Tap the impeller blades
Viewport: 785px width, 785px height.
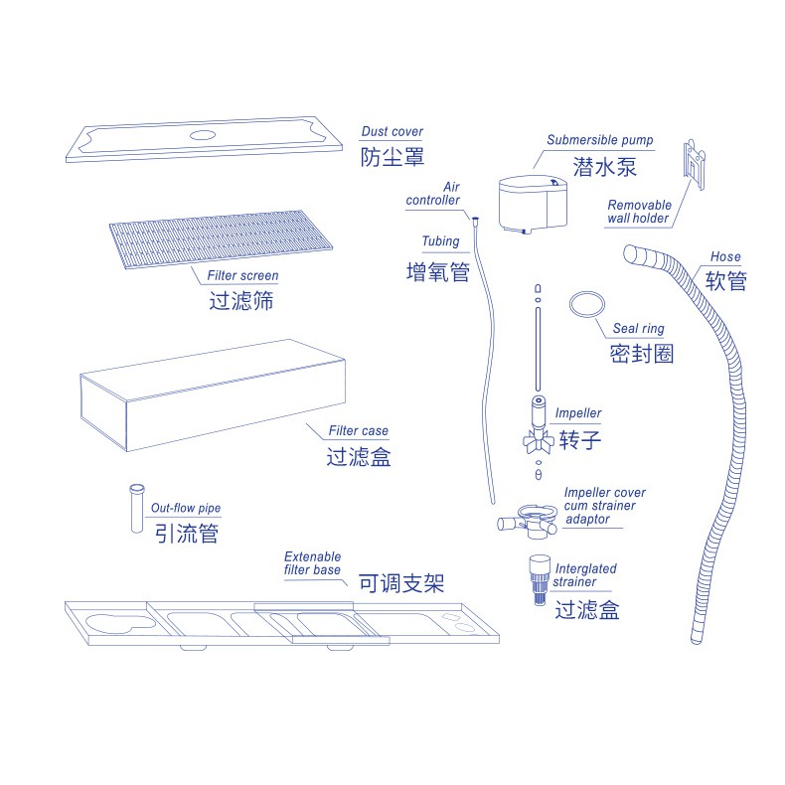tap(538, 438)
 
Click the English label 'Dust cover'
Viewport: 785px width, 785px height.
tap(392, 131)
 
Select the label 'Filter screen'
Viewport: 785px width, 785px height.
tap(242, 275)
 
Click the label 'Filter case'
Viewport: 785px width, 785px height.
tap(359, 431)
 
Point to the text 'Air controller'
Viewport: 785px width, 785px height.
tap(435, 193)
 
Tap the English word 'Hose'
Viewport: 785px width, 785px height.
tap(725, 257)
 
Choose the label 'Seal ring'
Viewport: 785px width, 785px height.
tap(638, 329)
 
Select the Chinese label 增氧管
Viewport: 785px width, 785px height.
tap(437, 271)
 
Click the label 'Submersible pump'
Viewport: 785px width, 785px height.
tap(594, 140)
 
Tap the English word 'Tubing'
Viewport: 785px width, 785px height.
tap(440, 241)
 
